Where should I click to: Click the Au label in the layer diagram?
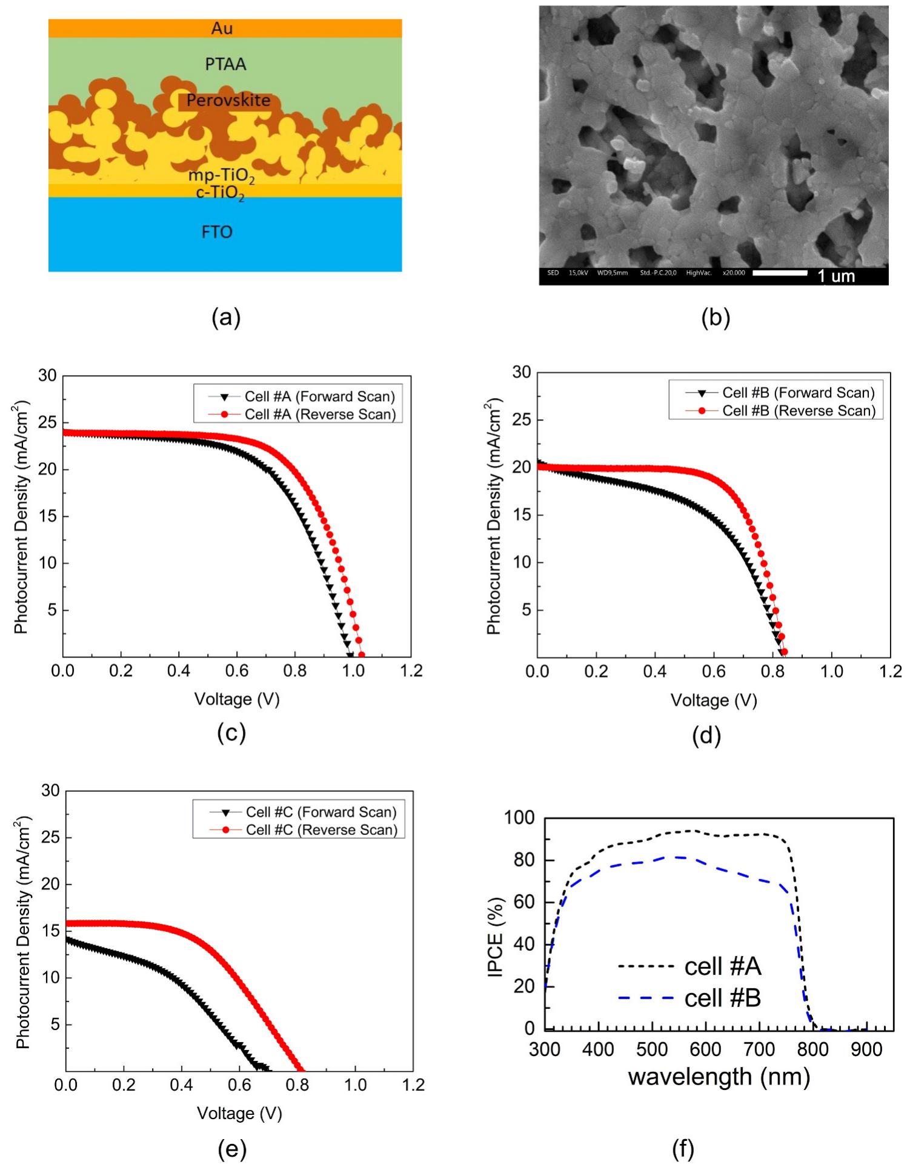[x=222, y=28]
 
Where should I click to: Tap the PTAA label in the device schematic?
[x=225, y=64]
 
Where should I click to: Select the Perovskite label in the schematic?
[x=228, y=101]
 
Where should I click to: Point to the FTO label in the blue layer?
[x=217, y=232]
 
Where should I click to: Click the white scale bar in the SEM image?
[x=779, y=273]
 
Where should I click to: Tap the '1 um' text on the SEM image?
[x=836, y=276]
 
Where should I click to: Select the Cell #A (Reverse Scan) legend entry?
[x=319, y=414]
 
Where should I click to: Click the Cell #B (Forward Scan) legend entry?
[x=798, y=393]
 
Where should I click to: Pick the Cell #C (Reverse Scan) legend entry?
[x=321, y=829]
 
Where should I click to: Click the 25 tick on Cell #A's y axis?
[x=47, y=423]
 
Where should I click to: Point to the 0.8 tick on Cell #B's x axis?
[x=772, y=671]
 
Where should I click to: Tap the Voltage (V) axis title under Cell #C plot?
[x=239, y=1113]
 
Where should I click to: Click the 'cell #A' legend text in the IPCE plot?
[x=722, y=966]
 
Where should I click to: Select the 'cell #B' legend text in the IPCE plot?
[x=722, y=997]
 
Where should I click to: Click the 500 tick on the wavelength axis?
[x=652, y=1049]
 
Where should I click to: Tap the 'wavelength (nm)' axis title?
[x=719, y=1077]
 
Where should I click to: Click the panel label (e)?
[x=232, y=1149]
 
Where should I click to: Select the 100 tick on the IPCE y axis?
[x=519, y=818]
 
